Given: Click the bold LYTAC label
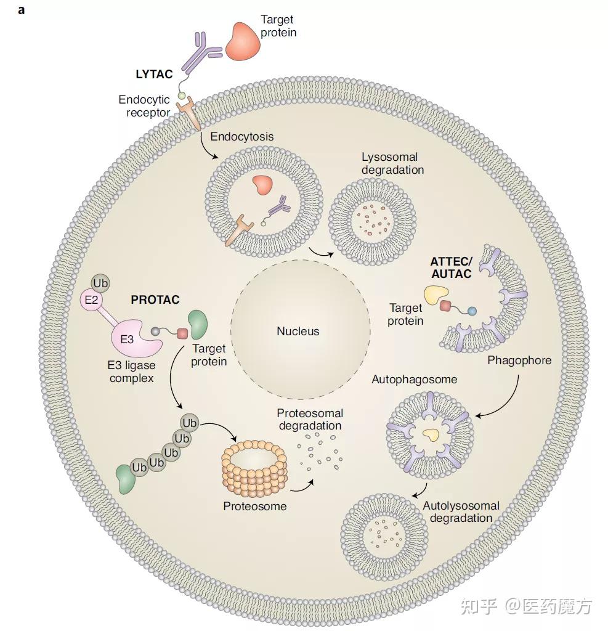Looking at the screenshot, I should (x=154, y=75).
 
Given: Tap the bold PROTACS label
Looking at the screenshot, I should (x=155, y=300).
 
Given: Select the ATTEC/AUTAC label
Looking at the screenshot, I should (x=451, y=267).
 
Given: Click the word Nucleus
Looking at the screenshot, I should (x=298, y=332).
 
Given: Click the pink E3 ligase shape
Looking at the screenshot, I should (x=134, y=338).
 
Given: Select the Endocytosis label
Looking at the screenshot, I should (x=242, y=136).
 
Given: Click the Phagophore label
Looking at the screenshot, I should (x=519, y=360).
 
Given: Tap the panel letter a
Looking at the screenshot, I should (x=22, y=10).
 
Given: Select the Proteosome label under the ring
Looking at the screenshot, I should (x=255, y=506).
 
